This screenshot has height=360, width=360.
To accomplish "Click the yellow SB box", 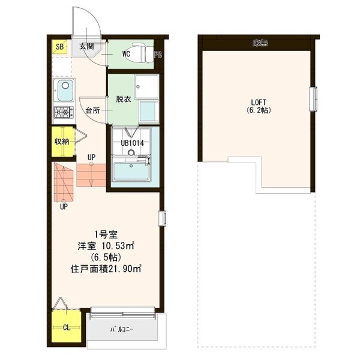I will (60, 47).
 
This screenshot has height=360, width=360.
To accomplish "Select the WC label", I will (127, 53).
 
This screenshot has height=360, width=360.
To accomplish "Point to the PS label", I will (158, 55).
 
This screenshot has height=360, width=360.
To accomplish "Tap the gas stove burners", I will (63, 112).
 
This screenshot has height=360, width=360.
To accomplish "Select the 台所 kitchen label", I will (92, 110).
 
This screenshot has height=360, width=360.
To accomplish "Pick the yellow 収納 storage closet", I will (62, 142).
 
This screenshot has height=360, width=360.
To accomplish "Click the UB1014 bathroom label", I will (132, 143).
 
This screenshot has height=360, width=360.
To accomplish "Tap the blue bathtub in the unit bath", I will (133, 173).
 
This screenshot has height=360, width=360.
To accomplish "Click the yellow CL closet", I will (65, 328).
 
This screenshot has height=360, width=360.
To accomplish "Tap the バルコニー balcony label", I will (121, 329).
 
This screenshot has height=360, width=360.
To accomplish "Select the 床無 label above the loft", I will (259, 43).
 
